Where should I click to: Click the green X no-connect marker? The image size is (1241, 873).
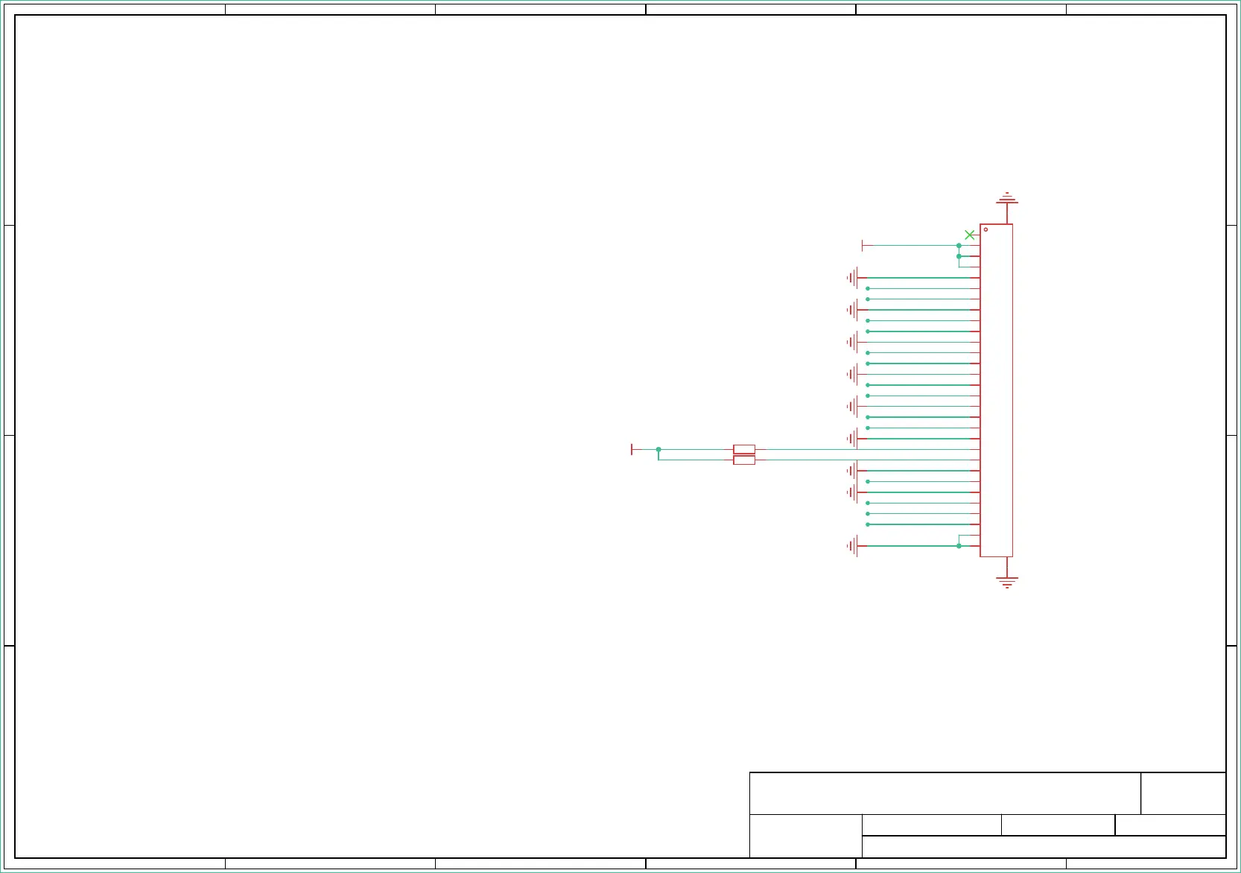coord(969,235)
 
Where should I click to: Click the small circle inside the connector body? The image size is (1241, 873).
coord(986,229)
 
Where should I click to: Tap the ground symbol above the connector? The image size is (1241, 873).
coord(1007,199)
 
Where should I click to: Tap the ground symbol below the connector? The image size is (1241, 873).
coord(1007,582)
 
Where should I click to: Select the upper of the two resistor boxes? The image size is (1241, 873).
coord(744,449)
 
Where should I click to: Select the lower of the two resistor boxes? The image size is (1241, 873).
coord(744,460)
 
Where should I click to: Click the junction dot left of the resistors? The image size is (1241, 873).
coord(658,449)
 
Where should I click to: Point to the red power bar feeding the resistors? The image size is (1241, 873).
coord(632,449)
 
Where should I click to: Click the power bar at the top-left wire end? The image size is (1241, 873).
coord(863,245)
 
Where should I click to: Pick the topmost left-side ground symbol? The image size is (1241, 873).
coord(852,278)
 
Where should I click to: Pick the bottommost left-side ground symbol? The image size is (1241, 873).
coord(852,546)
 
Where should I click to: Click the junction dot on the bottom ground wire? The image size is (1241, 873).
coord(959,546)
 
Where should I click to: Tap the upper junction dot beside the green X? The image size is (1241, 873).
coord(959,245)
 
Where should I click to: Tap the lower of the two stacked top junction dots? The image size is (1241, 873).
coord(959,256)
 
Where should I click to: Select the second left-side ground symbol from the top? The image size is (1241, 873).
coord(852,310)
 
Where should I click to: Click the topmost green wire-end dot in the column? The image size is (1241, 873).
coord(868,288)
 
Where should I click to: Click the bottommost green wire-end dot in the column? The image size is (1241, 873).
coord(868,524)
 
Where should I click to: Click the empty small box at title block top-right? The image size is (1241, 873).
coord(1183,793)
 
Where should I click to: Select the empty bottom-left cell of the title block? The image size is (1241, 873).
coord(805,836)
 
